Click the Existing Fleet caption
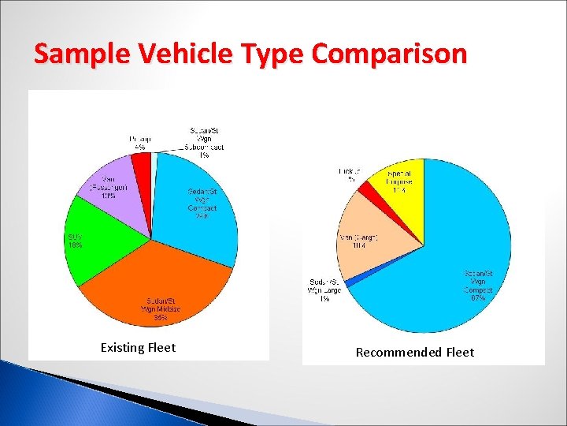pos(138,348)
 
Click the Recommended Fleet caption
pos(415,353)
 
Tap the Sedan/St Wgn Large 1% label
pos(324,290)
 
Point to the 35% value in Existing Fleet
pos(160,317)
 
